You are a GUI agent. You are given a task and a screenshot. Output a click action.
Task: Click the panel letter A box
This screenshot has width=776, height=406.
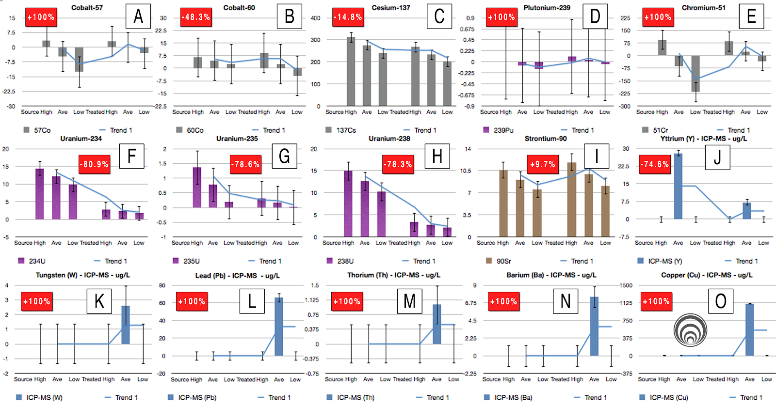(x=138, y=16)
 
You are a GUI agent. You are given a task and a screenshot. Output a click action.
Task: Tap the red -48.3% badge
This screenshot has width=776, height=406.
(x=195, y=17)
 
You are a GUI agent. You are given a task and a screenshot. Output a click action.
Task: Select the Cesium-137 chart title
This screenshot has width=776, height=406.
(x=390, y=8)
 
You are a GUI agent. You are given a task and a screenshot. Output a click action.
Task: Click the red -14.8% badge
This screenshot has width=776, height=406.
(x=348, y=17)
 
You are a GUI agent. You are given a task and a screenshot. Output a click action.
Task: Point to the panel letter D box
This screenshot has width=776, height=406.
(x=595, y=16)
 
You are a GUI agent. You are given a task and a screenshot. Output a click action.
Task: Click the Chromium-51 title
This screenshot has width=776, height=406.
(x=703, y=8)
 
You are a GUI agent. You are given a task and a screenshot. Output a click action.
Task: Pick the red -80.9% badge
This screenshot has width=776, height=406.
(x=95, y=164)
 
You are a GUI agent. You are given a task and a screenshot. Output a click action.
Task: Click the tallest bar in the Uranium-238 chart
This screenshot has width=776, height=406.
(x=348, y=203)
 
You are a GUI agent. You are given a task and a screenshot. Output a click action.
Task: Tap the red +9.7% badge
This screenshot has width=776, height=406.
(x=543, y=164)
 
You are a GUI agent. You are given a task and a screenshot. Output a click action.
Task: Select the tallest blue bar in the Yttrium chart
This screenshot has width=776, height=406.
(x=678, y=186)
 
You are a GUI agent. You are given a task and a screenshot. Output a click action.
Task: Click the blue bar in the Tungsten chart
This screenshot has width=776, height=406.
(x=126, y=325)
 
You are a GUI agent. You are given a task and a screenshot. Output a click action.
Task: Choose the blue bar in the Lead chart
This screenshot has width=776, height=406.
(x=279, y=327)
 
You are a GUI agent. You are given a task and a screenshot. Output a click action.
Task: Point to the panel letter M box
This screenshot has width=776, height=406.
(x=409, y=301)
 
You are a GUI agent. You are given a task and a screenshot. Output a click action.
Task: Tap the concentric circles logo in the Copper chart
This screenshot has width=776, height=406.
(x=690, y=330)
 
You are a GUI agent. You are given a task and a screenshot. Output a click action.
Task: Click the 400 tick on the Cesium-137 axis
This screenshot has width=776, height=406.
(x=315, y=18)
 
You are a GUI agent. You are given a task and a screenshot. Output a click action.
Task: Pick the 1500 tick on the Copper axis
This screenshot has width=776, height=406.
(x=626, y=285)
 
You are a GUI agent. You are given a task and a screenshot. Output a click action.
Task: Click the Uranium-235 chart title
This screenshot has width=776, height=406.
(x=237, y=139)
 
